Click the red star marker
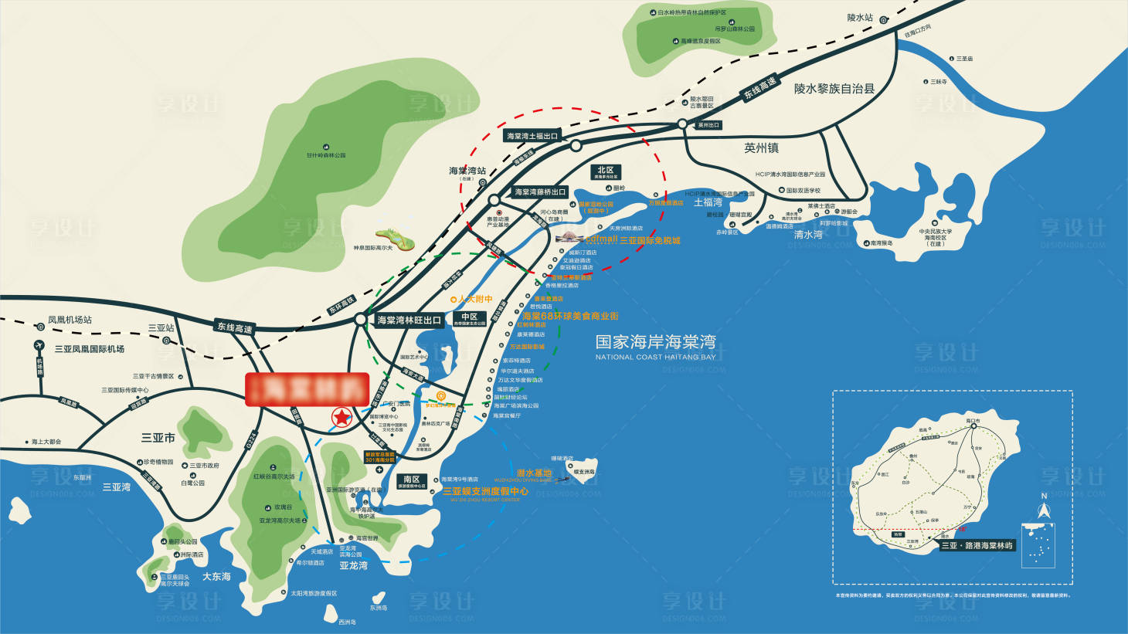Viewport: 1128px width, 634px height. tap(341, 418)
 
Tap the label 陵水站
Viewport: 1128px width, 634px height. tap(859, 18)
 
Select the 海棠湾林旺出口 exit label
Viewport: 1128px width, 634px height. tap(409, 320)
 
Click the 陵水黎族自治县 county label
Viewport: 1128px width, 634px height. tap(834, 89)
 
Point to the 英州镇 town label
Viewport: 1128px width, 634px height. tap(761, 147)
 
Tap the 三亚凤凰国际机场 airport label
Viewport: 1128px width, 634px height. tap(90, 349)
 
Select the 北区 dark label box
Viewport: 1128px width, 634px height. tap(606, 172)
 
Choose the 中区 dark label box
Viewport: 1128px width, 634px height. tap(469, 318)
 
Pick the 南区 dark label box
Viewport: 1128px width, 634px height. tap(412, 481)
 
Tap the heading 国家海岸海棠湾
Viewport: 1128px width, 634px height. tap(655, 341)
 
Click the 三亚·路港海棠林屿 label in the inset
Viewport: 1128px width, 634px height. tap(977, 545)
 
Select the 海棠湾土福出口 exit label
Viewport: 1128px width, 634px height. tap(532, 136)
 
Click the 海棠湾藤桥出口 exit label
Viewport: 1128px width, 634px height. tap(540, 192)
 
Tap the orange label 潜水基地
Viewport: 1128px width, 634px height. tap(534, 473)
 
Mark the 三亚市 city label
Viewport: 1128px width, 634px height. tap(158, 437)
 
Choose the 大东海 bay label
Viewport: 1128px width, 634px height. tap(216, 576)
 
